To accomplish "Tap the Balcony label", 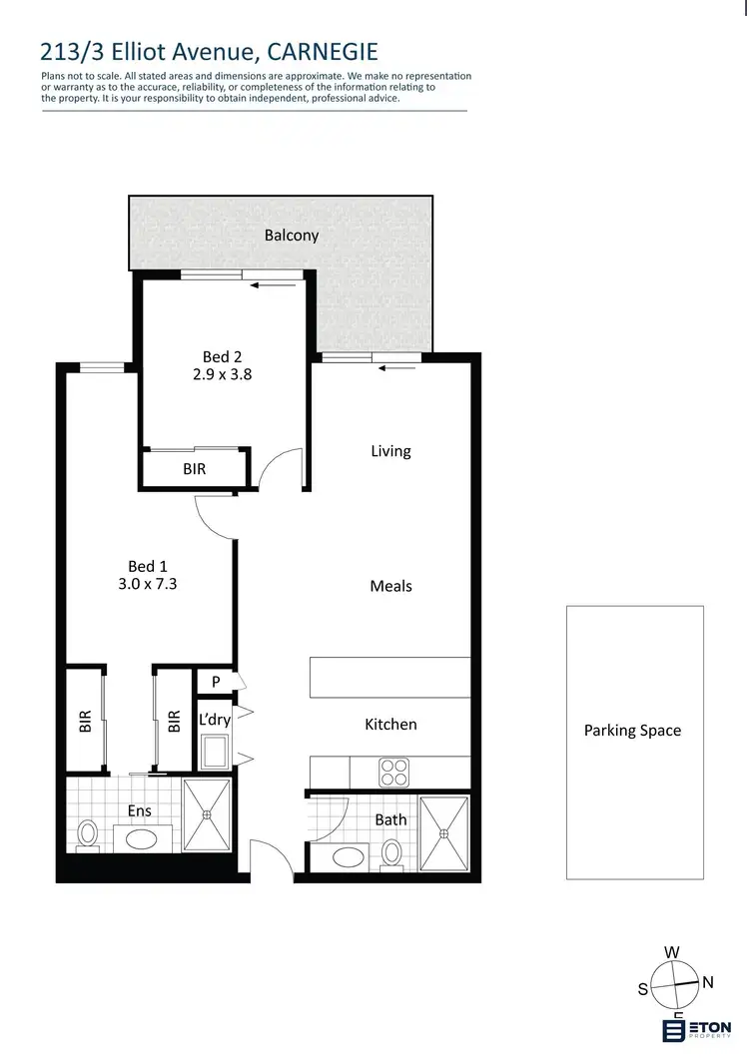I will pos(292,236).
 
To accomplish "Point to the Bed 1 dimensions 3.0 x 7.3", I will pos(147,585).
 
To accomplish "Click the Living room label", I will pos(390,451).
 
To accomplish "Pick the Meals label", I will pos(390,586).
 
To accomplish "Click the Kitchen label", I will pos(390,724).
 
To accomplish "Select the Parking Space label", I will pos(632,731).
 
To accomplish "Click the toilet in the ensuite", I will pos(88,833).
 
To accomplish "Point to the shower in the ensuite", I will pos(208,814).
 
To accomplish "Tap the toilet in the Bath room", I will pos(392,853).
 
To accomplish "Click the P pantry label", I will pos(215,682).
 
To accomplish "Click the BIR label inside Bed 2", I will pos(195,468).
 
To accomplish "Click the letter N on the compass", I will pos(708,982).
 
